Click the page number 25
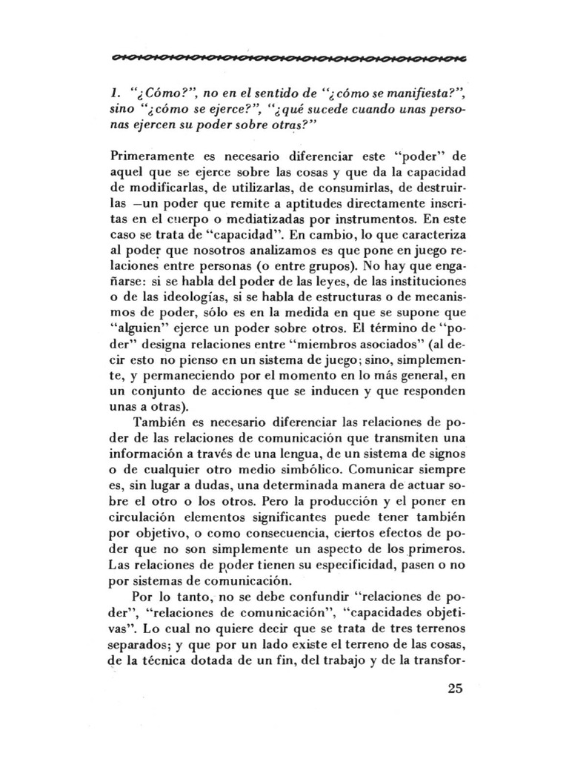click(x=454, y=687)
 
